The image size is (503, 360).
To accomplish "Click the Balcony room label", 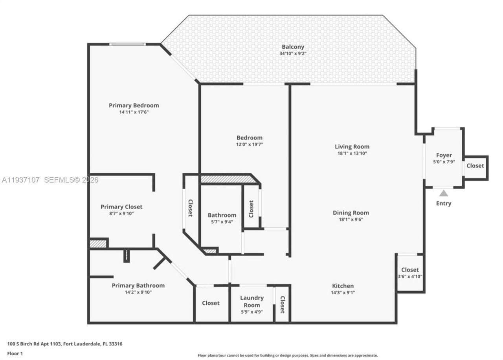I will pos(293,47).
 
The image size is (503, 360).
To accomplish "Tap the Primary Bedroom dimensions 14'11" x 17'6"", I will pos(134,112).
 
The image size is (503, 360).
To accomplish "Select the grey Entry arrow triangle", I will pos(444,193).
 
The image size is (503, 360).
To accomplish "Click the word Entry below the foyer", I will pos(444,203).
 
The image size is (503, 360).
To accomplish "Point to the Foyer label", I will pos(444,155).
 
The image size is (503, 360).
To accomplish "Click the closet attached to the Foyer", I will pos(475,166).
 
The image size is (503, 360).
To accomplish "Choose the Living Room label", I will pos(352,146).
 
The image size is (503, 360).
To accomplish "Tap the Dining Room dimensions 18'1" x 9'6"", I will pos(351,219).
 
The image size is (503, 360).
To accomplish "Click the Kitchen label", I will pos(343,286).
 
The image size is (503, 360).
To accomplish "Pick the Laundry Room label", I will pos(252,302).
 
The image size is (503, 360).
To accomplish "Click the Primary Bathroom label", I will pos(138,285).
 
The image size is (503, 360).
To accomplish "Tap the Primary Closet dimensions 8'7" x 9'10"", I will pos(121,214).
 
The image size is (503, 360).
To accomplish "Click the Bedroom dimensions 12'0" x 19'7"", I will pos(249,144).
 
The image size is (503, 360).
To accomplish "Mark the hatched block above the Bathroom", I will pos(227,179).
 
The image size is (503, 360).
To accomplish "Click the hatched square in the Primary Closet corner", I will pos(98,243).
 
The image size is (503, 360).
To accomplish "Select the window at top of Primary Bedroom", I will pos(127,44).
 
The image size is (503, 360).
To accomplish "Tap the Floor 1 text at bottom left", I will pos(15,353).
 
